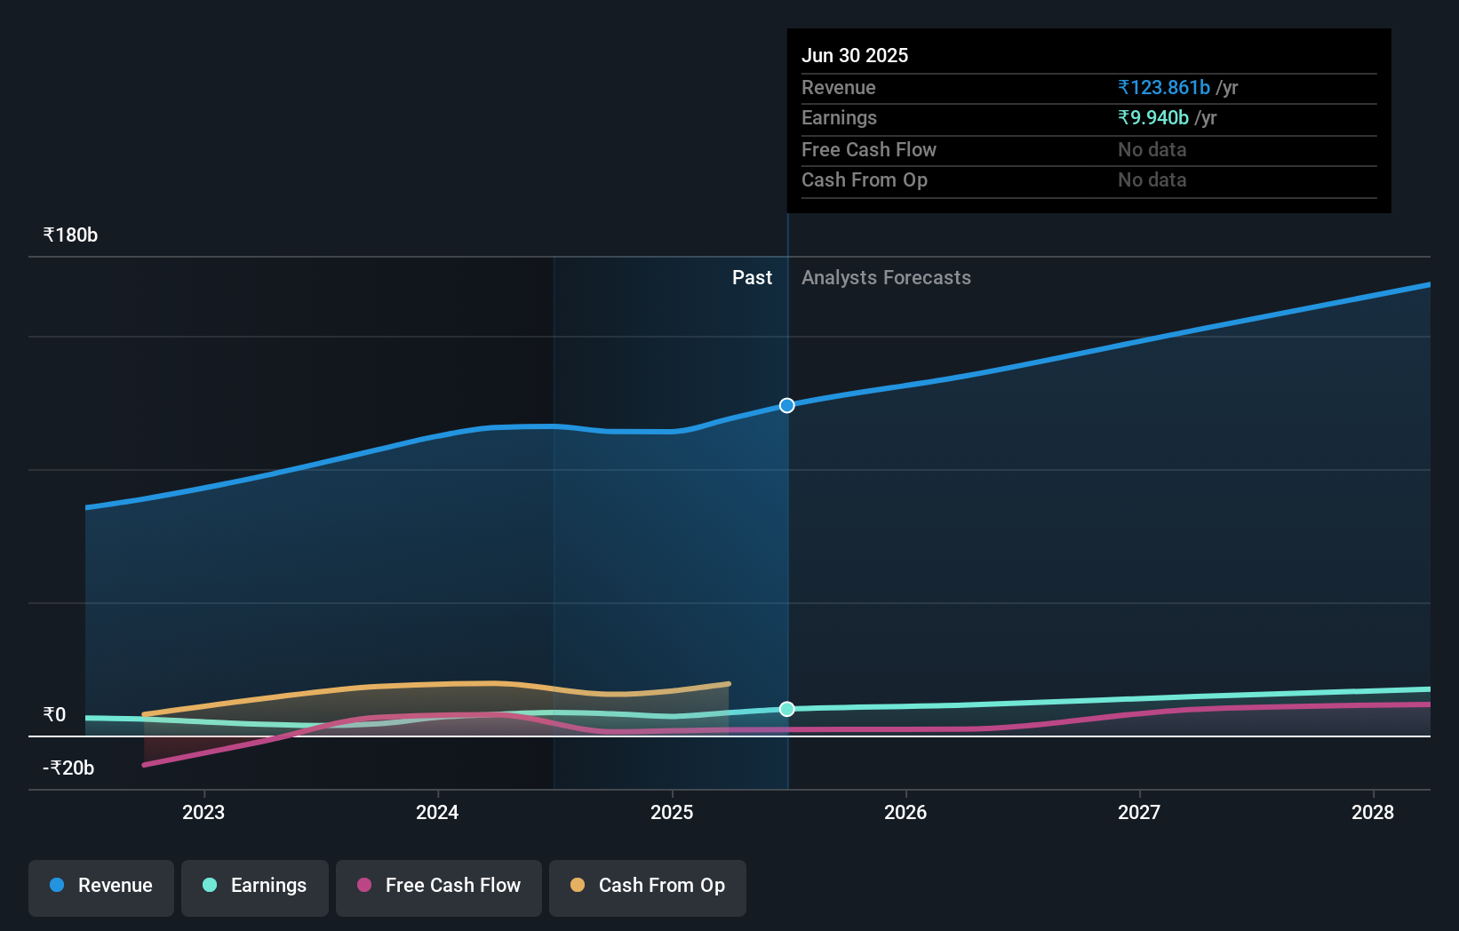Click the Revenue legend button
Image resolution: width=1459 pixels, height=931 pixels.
tap(101, 886)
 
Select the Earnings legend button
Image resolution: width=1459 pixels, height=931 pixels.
tap(255, 886)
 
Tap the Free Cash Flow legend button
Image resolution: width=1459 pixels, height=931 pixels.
tap(439, 886)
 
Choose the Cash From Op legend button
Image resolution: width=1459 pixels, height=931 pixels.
tap(648, 886)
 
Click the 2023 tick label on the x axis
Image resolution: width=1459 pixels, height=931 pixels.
tap(203, 812)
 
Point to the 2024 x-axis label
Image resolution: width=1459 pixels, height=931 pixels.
tap(437, 812)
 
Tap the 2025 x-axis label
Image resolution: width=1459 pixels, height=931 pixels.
tap(672, 812)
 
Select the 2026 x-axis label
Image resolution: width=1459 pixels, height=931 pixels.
tap(905, 812)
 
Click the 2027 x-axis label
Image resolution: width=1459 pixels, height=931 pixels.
tap(1139, 812)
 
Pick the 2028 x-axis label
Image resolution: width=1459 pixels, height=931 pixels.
tap(1373, 812)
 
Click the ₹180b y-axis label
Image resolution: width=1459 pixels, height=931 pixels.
tap(70, 235)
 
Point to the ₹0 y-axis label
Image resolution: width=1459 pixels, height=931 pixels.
tap(55, 715)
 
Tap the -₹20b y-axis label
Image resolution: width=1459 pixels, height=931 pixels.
tap(68, 768)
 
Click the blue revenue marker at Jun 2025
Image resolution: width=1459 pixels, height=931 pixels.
tap(787, 406)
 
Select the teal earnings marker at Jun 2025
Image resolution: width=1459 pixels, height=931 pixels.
tap(787, 709)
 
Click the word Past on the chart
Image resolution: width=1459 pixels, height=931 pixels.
tap(752, 278)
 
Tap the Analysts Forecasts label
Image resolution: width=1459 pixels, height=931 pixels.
tap(886, 278)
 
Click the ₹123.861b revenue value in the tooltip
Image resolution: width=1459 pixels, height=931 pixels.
tap(1164, 88)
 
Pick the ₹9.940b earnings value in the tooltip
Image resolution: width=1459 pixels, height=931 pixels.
tap(1153, 118)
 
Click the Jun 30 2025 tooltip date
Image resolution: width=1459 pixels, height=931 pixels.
tap(855, 55)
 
